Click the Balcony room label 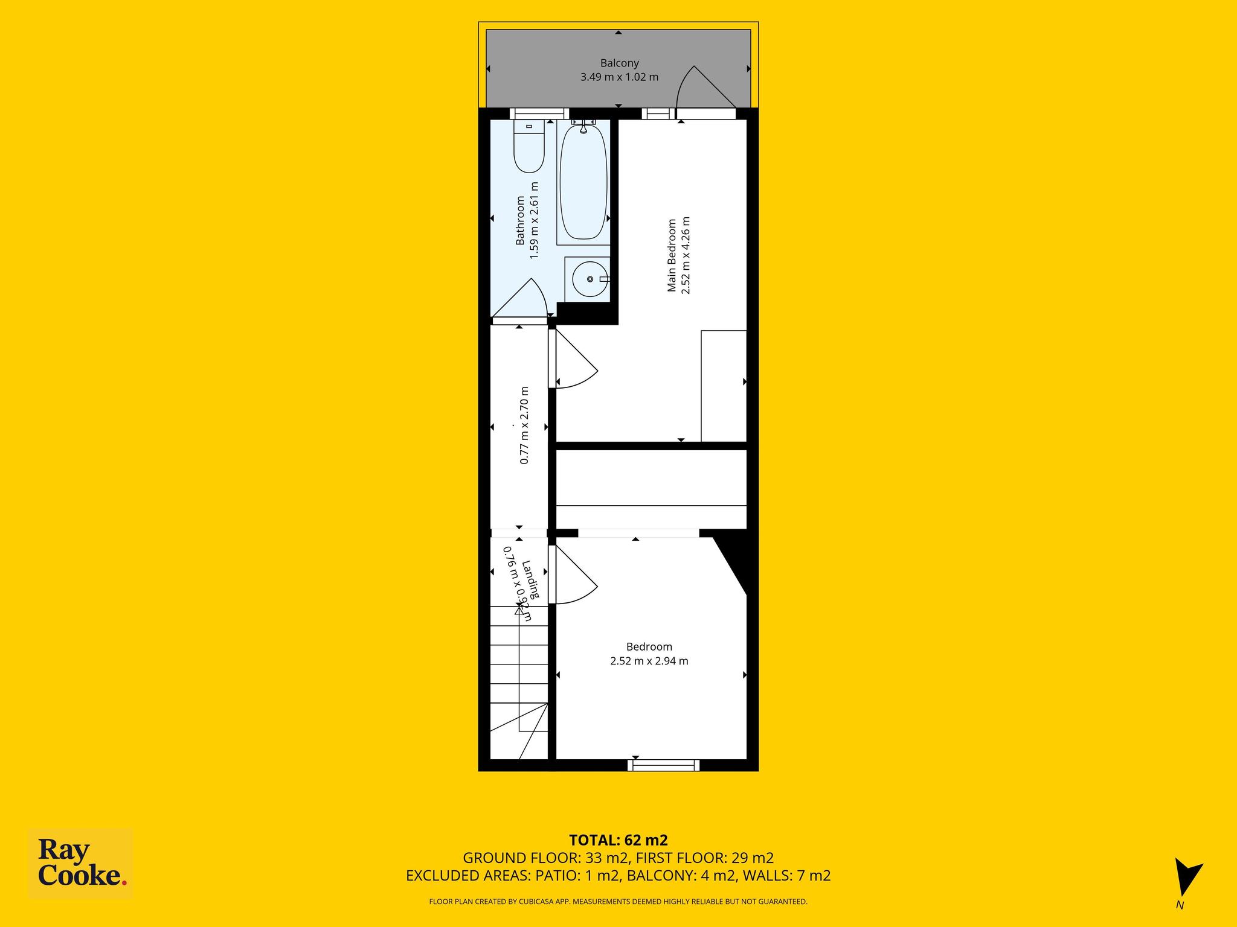619,63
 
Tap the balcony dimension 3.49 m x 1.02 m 619,77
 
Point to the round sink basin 590,279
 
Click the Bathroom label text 519,220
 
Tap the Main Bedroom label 672,255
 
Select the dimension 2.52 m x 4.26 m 686,255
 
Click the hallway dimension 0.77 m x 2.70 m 524,425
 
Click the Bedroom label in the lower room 649,647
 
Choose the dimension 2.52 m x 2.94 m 649,661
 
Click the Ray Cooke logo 81,864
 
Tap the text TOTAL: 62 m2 618,840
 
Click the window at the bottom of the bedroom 663,765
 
